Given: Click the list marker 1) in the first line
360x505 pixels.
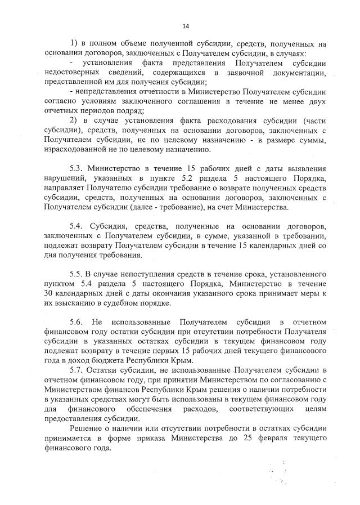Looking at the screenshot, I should coord(74,43).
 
